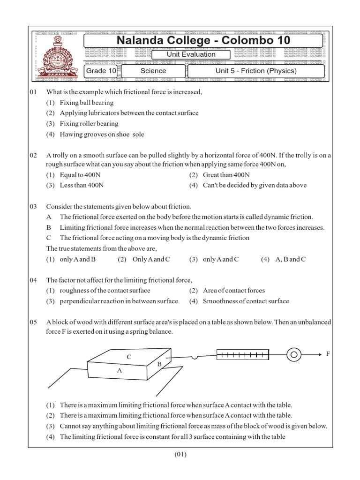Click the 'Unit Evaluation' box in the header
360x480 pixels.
(x=191, y=54)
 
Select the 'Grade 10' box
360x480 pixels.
(x=100, y=71)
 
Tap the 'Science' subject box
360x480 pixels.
(x=153, y=71)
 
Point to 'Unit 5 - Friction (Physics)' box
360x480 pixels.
(x=256, y=71)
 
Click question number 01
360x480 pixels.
(x=33, y=92)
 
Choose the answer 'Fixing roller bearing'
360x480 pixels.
(x=89, y=124)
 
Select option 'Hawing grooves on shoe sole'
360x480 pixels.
(x=102, y=135)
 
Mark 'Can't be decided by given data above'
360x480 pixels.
(x=255, y=185)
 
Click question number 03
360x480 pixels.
(x=33, y=206)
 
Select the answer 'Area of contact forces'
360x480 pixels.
(x=233, y=291)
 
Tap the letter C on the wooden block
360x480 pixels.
(x=129, y=357)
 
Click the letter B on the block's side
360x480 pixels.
(x=159, y=364)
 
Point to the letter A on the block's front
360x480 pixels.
(x=120, y=370)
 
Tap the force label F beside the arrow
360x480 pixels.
(x=328, y=354)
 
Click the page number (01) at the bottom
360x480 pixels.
(x=180, y=454)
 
